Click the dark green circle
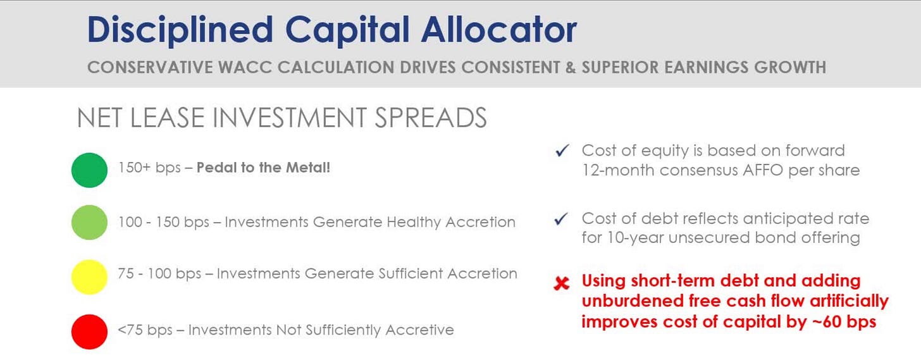89,170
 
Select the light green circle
89,222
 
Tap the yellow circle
89,277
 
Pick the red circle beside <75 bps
89,332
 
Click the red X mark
562,283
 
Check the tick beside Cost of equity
562,151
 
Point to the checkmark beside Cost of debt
562,218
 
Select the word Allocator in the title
498,30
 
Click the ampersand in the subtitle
571,68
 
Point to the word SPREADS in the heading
431,118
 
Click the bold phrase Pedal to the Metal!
263,168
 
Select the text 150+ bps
149,168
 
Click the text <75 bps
145,330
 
